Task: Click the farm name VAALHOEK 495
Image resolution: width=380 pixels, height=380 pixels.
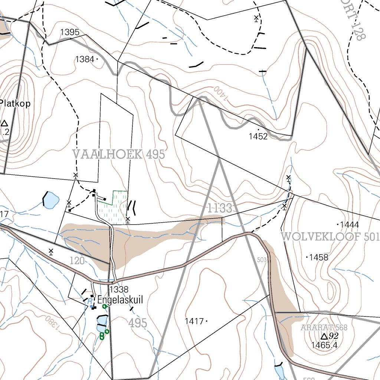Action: click(119, 154)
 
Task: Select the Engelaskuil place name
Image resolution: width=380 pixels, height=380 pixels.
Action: click(120, 300)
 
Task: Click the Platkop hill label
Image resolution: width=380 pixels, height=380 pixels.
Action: click(15, 104)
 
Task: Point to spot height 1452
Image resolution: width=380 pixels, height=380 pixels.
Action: click(258, 137)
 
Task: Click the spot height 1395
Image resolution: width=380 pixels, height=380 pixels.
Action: click(70, 32)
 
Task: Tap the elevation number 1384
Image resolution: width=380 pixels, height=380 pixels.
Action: click(85, 59)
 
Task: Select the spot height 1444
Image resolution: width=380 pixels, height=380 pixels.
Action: click(349, 225)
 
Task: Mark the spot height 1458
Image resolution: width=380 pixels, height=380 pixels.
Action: click(318, 257)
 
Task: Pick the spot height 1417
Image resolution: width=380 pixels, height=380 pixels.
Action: click(194, 321)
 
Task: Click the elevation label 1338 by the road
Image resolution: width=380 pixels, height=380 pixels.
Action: click(119, 289)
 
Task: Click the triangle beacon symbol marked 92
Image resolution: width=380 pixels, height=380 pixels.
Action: click(324, 336)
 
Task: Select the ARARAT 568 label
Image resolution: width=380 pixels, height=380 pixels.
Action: click(324, 328)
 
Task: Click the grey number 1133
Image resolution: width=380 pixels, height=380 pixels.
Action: click(220, 208)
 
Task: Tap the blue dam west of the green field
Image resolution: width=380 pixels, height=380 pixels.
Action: click(51, 200)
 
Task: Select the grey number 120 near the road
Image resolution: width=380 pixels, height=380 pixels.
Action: click(77, 261)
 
